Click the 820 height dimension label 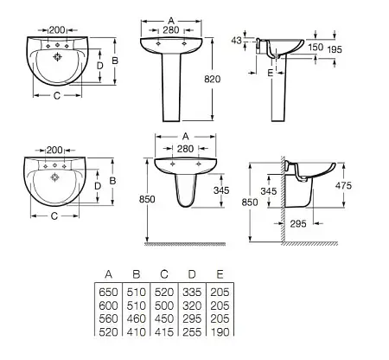[x=212, y=79]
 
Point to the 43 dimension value [x=236, y=41]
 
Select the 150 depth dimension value [x=316, y=47]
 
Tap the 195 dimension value [x=335, y=49]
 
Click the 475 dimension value [x=343, y=185]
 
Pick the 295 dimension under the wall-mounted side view [x=298, y=223]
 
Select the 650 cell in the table [x=108, y=292]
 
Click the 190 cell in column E [x=220, y=332]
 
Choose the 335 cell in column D [x=192, y=292]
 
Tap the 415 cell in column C [x=164, y=332]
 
